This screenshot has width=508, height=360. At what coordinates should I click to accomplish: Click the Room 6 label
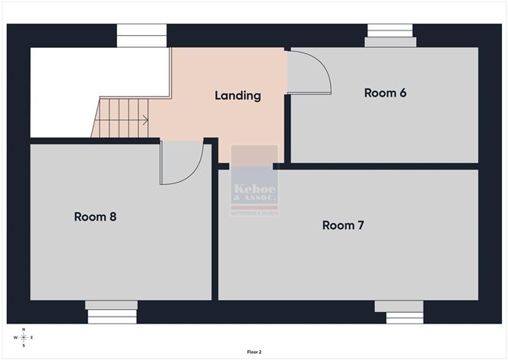tap(385, 93)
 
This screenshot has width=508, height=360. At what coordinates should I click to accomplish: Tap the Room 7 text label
tap(343, 225)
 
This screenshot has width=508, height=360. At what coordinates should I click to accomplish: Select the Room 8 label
tap(95, 217)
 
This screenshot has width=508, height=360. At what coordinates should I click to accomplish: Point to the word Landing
tap(237, 96)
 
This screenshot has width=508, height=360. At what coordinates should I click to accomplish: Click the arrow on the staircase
tap(142, 119)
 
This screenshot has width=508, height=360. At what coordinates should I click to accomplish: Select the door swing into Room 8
tap(180, 163)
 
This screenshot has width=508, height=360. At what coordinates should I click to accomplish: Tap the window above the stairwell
tap(141, 35)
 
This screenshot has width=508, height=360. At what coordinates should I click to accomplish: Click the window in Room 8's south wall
tap(111, 311)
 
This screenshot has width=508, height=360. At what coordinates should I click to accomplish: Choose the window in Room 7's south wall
tap(399, 311)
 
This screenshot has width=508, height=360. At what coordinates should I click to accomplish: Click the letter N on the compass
tap(24, 330)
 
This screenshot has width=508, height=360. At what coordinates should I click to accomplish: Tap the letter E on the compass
tap(32, 337)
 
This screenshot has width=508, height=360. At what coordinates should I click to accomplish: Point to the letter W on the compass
tap(16, 337)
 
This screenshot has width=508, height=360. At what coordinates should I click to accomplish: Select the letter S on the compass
tap(24, 346)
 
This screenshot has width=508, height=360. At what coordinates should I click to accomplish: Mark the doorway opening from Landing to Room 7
tap(253, 166)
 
